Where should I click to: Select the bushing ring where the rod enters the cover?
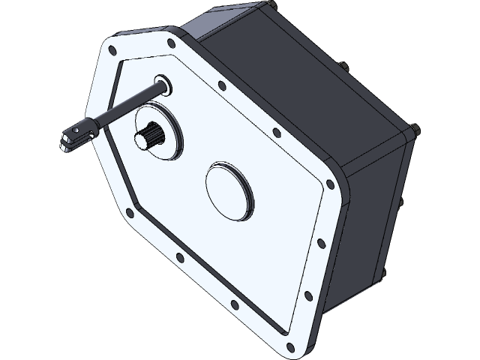tap(163, 85)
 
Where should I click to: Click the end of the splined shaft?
tap(142, 138)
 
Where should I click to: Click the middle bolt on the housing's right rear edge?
tap(401, 203)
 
